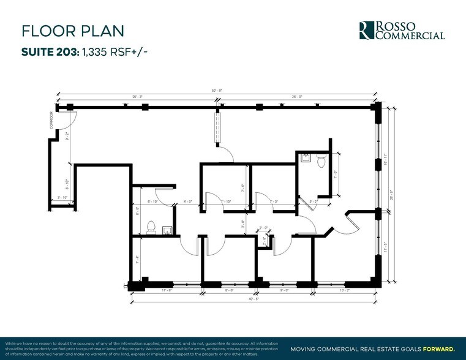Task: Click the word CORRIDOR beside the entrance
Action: [53, 119]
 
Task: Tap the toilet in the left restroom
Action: [151, 228]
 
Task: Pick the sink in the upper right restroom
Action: [304, 158]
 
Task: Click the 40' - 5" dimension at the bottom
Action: [253, 299]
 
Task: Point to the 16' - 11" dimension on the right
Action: [385, 160]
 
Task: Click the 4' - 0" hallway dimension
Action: [188, 201]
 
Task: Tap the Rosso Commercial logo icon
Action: [366, 30]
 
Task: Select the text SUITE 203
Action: [49, 53]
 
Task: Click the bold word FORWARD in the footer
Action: [437, 348]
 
